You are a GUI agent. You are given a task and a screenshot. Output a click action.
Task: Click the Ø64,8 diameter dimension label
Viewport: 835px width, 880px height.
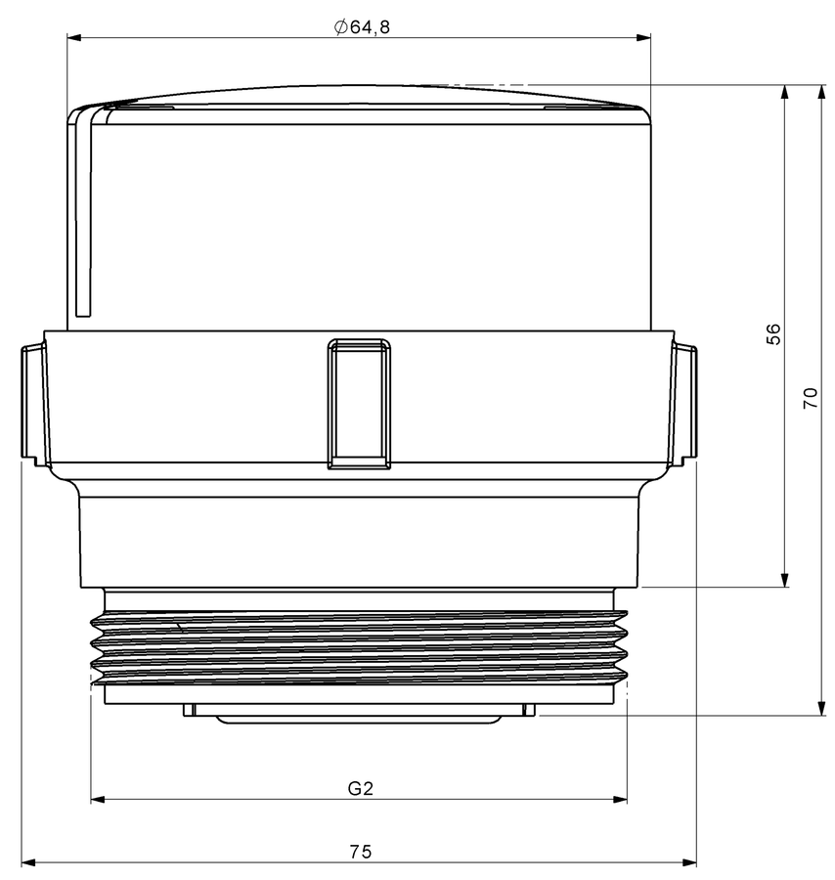coord(362,27)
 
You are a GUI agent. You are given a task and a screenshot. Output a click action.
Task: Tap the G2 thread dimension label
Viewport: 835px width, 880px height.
coord(360,788)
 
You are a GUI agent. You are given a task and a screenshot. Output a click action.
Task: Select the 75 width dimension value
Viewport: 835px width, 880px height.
coord(360,852)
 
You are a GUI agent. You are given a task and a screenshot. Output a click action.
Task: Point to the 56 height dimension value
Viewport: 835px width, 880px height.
coord(773,334)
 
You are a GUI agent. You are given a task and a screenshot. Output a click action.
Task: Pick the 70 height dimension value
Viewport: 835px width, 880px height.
coord(811,397)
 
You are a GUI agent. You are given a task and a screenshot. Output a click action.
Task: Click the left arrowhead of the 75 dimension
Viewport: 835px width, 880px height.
coord(28,862)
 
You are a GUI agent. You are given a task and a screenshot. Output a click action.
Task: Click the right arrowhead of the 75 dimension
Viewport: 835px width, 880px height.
coord(689,862)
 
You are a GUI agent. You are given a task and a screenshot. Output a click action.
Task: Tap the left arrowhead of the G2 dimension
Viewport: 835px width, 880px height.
coord(98,799)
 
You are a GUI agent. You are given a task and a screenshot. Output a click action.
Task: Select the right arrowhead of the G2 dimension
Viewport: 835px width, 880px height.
coord(620,799)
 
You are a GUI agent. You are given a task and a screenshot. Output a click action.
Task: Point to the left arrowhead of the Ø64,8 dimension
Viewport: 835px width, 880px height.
coord(74,37)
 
